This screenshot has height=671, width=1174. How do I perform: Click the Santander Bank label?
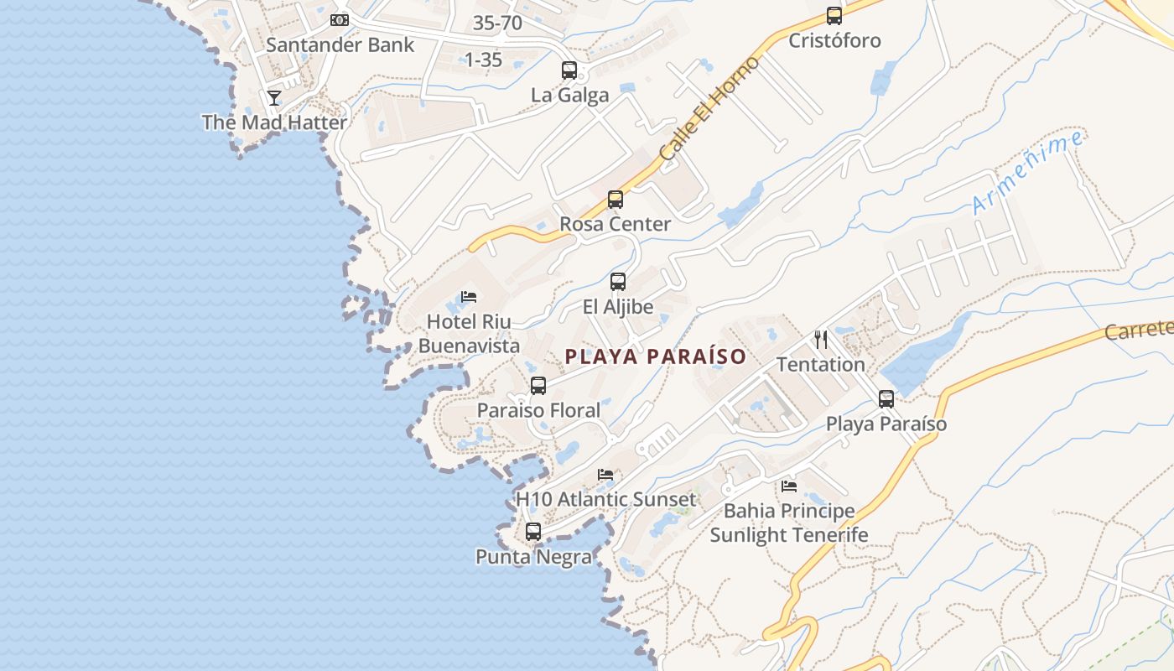tap(340, 44)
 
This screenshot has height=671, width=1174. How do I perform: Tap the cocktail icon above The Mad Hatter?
tap(274, 98)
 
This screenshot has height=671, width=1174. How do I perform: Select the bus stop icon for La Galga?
tap(569, 70)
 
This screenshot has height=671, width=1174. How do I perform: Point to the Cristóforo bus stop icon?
tap(834, 16)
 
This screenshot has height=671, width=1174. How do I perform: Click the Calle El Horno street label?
tap(709, 109)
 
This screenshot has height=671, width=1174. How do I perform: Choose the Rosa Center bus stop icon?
tap(616, 200)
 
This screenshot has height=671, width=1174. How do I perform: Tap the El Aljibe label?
tap(618, 307)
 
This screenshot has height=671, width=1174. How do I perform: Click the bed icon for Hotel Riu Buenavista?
tap(469, 297)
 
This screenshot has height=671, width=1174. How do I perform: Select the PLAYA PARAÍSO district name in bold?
tap(655, 356)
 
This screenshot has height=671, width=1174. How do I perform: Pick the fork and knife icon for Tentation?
tap(821, 340)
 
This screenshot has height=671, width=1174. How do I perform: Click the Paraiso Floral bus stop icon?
tap(538, 386)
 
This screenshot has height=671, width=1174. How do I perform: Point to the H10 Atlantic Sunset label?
tap(605, 500)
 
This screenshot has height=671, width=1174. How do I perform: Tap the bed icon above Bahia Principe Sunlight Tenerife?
tap(788, 486)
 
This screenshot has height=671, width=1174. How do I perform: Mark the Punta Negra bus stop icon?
tap(533, 532)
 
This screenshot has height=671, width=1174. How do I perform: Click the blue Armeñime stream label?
tap(1028, 173)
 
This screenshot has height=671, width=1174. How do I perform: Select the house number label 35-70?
tap(497, 23)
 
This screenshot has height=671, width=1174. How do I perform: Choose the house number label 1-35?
tap(483, 60)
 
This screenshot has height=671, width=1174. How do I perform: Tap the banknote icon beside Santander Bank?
tap(340, 19)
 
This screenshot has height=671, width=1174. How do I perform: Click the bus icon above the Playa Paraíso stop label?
tap(886, 399)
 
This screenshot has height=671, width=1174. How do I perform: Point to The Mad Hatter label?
tap(274, 122)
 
